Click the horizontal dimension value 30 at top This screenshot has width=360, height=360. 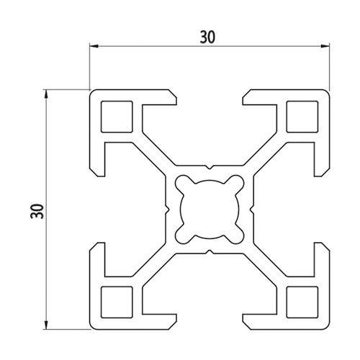tap(208, 37)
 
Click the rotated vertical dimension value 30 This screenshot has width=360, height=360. tap(37, 211)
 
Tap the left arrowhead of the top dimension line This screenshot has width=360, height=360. tap(94, 45)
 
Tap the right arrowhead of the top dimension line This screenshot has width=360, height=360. tap(325, 45)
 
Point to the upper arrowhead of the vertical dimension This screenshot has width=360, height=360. tap(46, 94)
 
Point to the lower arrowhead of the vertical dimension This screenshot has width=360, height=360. tap(46, 325)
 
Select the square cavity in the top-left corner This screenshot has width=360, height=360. tap(117, 117)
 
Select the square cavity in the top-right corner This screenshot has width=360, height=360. tap(302, 117)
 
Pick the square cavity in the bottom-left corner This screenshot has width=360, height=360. tap(117, 302)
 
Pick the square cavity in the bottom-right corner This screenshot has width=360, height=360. tap(302, 302)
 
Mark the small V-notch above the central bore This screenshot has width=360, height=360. tap(210, 167)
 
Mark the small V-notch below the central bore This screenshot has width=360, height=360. tap(210, 252)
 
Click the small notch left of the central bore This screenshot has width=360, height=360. tap(167, 210)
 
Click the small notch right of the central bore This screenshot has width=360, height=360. tap(252, 210)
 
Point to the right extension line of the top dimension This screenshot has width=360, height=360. tap(329, 67)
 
